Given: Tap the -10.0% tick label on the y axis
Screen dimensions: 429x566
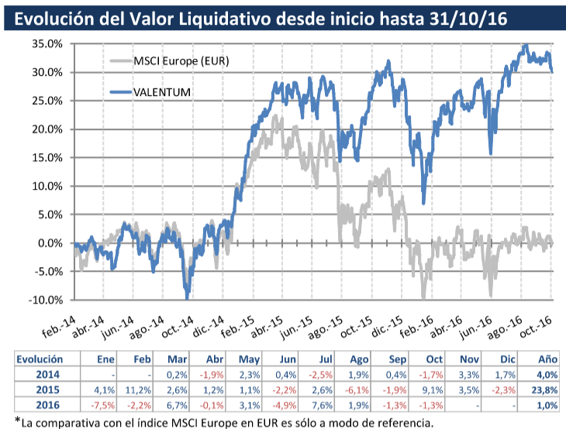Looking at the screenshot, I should coord(44,300).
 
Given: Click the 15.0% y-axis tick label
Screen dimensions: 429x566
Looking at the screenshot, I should coord(46,158).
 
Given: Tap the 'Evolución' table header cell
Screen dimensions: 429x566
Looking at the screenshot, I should coord(40,359).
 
